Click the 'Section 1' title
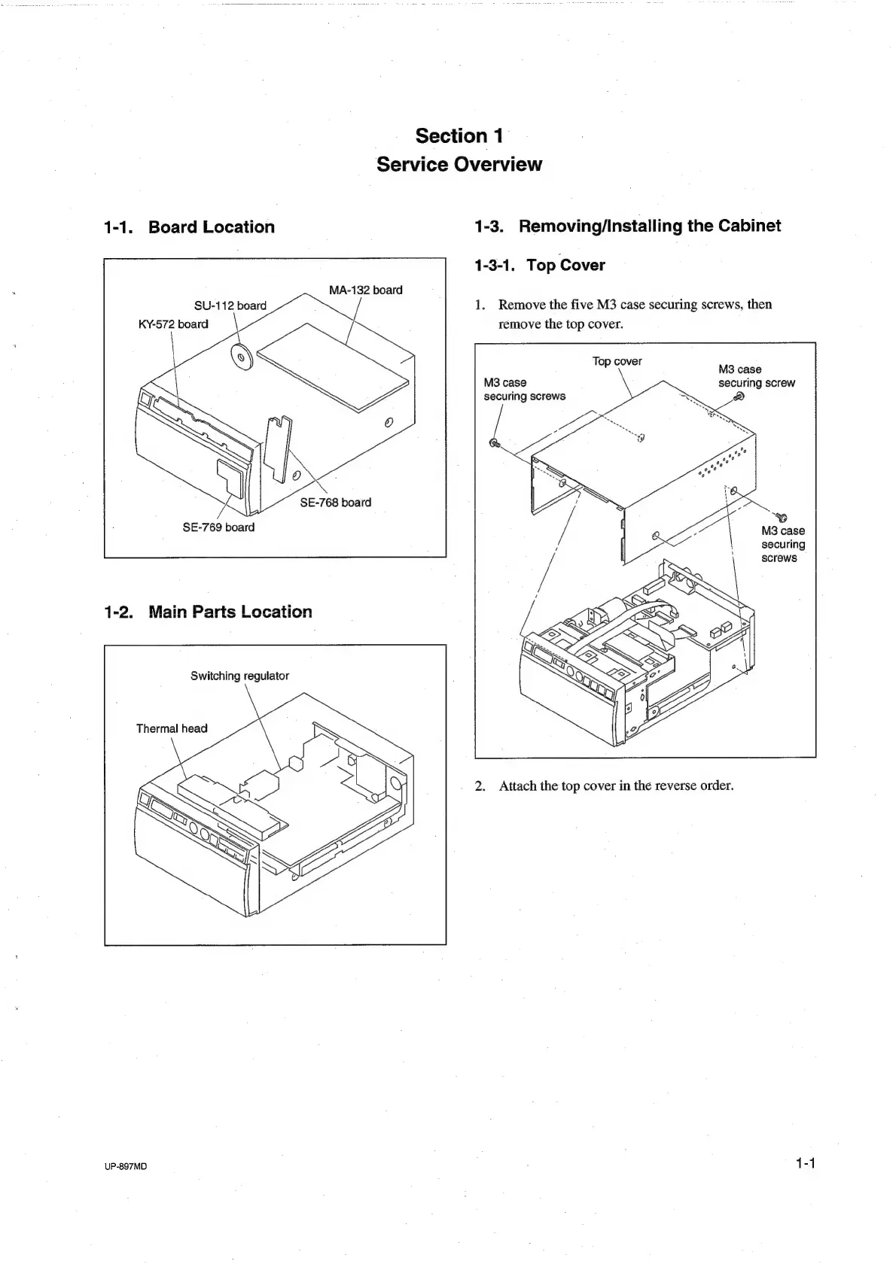[x=459, y=136]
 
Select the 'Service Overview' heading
[x=459, y=164]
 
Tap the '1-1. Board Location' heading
[x=189, y=227]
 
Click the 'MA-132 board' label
[x=365, y=290]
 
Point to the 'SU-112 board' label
[x=230, y=305]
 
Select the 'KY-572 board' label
[x=172, y=324]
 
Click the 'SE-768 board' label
[x=335, y=503]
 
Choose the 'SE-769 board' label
[x=218, y=527]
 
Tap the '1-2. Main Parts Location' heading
[x=208, y=612]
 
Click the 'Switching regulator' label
[x=239, y=676]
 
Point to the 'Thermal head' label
[x=172, y=728]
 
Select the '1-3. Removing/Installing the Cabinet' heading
[x=628, y=226]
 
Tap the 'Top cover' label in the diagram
[x=617, y=361]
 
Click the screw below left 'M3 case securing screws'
[x=495, y=442]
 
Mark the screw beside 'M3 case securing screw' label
[x=739, y=398]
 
